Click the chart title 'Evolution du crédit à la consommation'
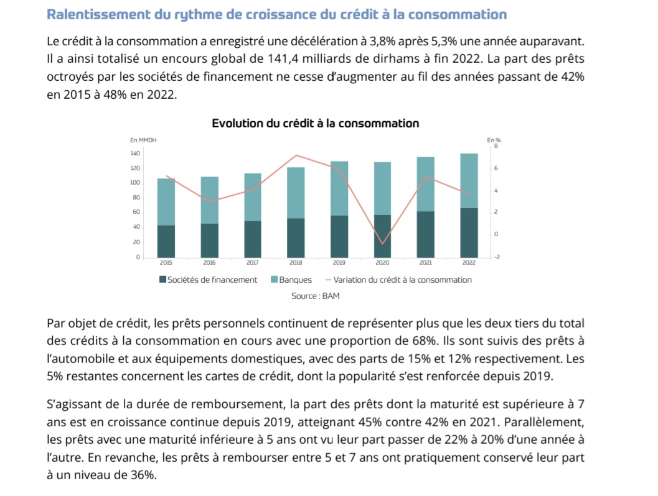[316, 123]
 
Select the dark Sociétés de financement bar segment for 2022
[469, 232]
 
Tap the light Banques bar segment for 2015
[166, 202]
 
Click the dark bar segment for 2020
[382, 236]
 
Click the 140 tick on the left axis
[135, 154]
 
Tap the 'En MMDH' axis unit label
[143, 140]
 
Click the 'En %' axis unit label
[493, 140]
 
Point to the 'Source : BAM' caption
[316, 296]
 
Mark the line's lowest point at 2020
[383, 244]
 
